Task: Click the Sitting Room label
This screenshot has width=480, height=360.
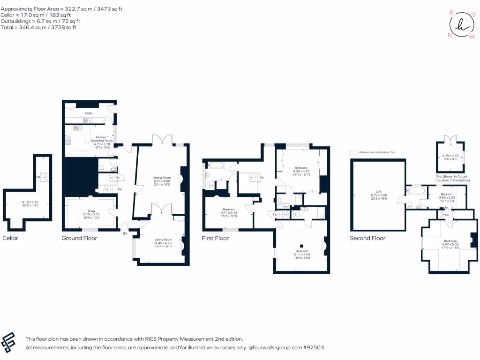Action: (x=162, y=178)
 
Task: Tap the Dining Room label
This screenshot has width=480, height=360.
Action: (x=164, y=240)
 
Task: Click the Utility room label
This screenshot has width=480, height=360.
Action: (x=89, y=113)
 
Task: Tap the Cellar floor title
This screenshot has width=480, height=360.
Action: (x=10, y=238)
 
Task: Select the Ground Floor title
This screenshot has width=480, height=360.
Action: (x=79, y=238)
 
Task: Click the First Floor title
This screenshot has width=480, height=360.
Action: (x=215, y=238)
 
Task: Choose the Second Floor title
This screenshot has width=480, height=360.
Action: (x=367, y=238)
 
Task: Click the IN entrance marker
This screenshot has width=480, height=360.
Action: (x=125, y=233)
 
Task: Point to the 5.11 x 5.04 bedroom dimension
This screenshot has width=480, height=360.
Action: (x=302, y=255)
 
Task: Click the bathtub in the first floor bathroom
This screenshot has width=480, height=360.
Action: (x=217, y=165)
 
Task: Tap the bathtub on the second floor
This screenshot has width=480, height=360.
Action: (x=416, y=191)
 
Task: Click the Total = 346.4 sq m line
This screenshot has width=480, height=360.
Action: (x=39, y=28)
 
